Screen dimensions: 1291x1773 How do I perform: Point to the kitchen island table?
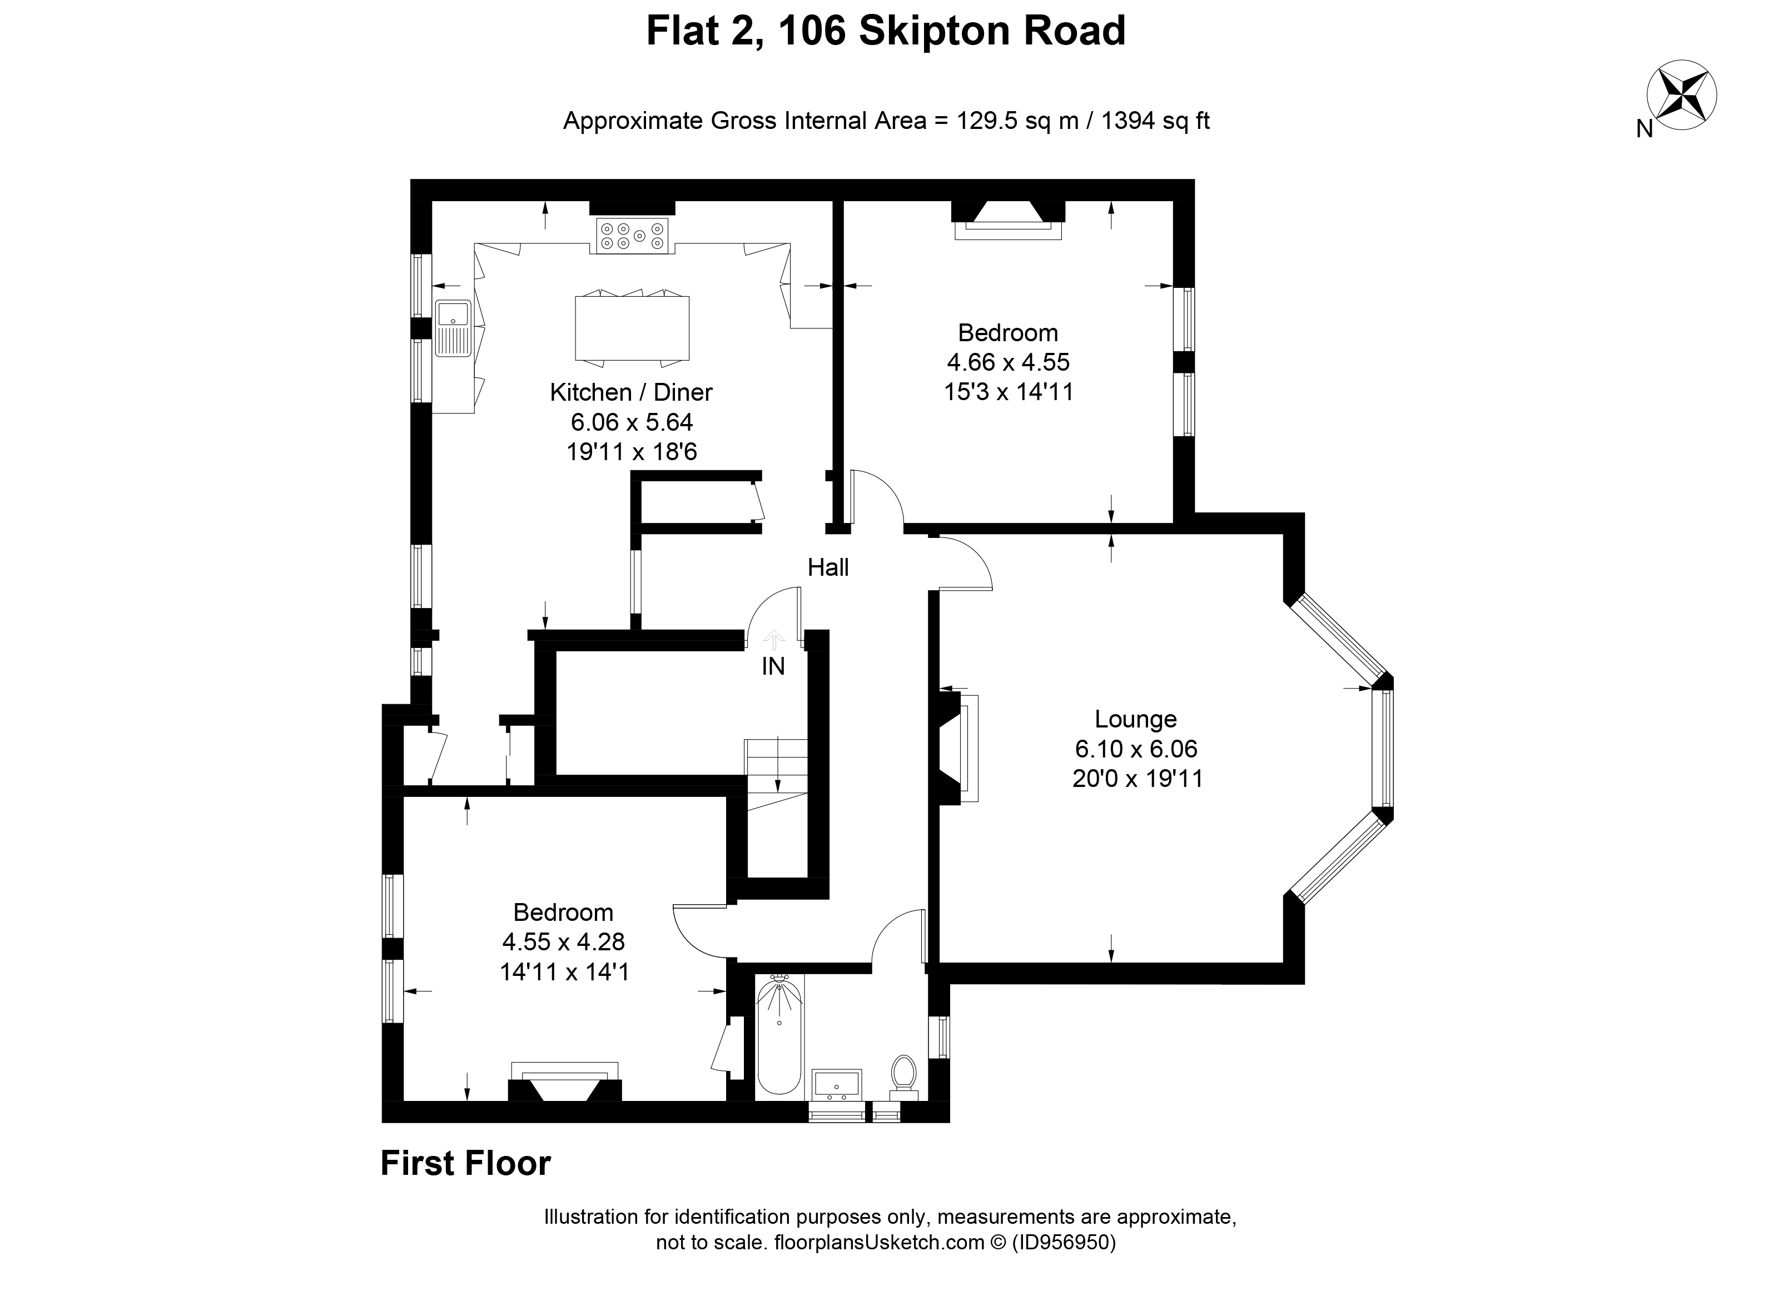[632, 328]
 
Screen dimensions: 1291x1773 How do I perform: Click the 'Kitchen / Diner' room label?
[631, 392]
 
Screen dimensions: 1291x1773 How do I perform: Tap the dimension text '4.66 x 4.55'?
[1007, 362]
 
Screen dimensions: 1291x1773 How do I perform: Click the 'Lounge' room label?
[1135, 719]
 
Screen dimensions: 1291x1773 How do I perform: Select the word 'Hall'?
[828, 567]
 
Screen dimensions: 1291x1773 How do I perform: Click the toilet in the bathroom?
[903, 1076]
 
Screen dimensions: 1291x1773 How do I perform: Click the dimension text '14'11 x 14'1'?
[564, 972]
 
